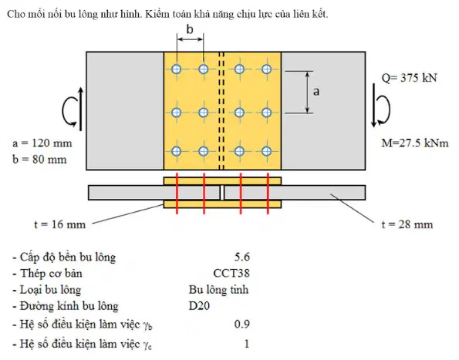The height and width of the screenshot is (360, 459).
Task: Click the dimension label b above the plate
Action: [x=190, y=29]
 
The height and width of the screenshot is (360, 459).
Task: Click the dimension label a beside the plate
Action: [x=316, y=92]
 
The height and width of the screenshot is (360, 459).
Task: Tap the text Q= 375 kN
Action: [x=409, y=78]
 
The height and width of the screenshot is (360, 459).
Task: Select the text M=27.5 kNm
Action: [x=415, y=143]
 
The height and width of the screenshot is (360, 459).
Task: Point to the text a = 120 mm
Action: [x=42, y=143]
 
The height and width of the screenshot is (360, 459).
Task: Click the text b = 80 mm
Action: [x=39, y=160]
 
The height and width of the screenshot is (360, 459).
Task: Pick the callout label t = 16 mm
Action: [x=59, y=224]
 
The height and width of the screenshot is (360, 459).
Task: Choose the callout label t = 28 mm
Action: [x=407, y=224]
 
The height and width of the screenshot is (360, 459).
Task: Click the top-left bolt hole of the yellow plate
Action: [x=176, y=69]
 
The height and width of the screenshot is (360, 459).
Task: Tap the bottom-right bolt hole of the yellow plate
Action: [x=266, y=151]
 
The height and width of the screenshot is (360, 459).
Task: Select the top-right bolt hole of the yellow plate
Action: [x=266, y=69]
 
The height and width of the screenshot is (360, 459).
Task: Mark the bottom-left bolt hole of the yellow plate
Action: [x=176, y=151]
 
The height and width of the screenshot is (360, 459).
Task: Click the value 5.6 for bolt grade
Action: [x=242, y=257]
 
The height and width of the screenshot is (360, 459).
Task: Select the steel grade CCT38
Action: [x=231, y=273]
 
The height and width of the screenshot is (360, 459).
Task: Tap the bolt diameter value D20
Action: [x=199, y=306]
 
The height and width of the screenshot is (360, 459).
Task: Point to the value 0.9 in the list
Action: [x=242, y=324]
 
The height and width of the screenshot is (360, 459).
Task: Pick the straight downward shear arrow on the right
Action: [x=374, y=106]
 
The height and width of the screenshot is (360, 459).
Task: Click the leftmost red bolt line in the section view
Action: [x=177, y=193]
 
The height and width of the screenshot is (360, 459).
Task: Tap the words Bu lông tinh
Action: [x=218, y=290]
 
